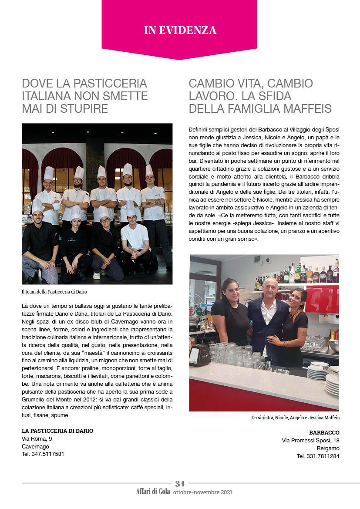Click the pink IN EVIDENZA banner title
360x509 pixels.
tap(180, 30)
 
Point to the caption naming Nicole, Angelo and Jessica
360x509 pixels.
tap(295, 418)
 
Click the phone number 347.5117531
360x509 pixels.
tap(43, 454)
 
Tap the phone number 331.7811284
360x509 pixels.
tap(318, 456)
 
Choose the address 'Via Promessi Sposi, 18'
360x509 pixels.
tap(310, 441)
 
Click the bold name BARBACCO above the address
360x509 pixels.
tap(324, 432)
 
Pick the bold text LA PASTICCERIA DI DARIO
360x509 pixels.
tap(57, 431)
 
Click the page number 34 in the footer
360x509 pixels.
tap(180, 483)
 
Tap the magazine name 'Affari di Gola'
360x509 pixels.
tap(153, 492)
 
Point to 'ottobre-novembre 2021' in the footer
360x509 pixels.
tap(202, 492)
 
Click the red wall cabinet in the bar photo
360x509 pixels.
tap(322, 299)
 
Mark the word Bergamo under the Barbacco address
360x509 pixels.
tap(328, 448)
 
